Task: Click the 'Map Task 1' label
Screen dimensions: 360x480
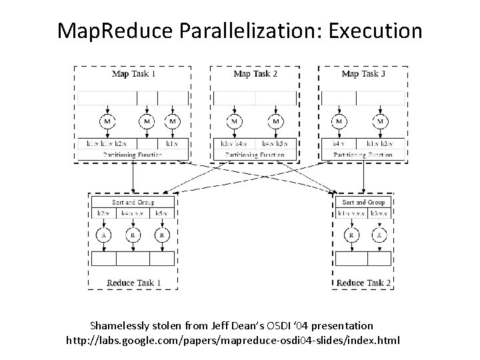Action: [133, 73]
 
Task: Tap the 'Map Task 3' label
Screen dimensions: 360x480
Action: [363, 73]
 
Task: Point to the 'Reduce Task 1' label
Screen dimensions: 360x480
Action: [135, 283]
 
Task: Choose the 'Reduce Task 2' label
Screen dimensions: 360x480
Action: [363, 283]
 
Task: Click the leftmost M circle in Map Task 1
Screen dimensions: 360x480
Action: [107, 121]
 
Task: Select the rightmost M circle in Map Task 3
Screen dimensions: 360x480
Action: [380, 121]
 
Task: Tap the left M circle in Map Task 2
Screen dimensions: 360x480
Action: [235, 121]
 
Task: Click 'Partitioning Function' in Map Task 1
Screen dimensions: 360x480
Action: [133, 155]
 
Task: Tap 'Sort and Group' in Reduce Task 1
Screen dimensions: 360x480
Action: [133, 202]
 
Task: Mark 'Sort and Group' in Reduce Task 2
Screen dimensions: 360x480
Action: [363, 202]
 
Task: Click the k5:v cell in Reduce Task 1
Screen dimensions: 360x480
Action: [161, 213]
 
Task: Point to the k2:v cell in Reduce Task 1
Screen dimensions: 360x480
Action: [103, 213]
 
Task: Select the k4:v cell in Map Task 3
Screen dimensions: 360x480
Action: [339, 143]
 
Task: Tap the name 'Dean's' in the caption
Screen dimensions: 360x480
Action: [234, 326]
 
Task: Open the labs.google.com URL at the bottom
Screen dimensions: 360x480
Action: [233, 341]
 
